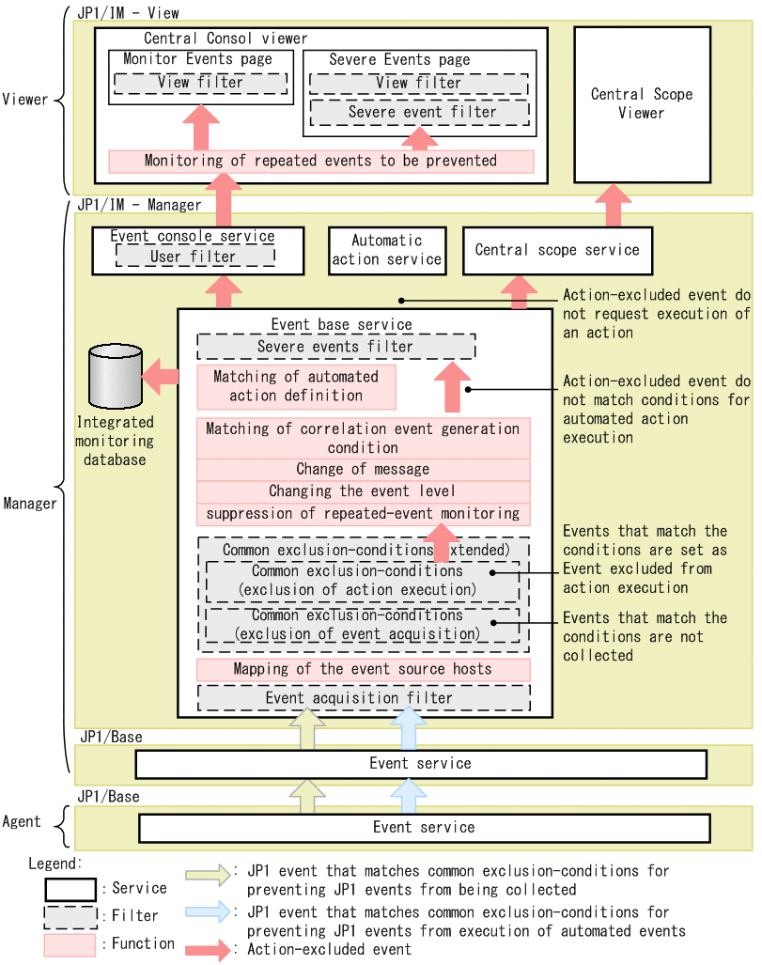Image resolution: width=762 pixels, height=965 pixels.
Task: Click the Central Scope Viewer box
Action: [642, 103]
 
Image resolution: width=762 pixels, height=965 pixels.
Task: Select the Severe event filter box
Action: [418, 112]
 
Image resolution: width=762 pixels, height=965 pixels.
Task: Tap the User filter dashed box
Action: [194, 257]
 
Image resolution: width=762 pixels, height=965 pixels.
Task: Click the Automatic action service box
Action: [387, 250]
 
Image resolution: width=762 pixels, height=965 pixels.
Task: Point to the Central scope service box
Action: [557, 250]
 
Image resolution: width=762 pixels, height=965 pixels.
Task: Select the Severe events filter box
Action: [335, 347]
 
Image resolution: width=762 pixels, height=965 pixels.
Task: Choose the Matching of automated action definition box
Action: [296, 386]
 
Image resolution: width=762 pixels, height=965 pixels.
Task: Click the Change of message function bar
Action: [363, 469]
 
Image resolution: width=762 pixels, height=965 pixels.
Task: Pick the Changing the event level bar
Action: [363, 491]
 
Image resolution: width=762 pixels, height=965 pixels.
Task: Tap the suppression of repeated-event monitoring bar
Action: [363, 514]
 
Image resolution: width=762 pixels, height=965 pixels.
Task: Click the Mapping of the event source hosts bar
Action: [363, 669]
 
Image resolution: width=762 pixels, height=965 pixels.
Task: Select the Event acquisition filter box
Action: [363, 698]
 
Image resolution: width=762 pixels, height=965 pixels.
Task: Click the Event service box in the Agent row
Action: [424, 828]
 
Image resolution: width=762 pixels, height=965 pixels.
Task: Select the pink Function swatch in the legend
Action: [69, 944]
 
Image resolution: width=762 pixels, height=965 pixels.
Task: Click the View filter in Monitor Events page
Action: [200, 83]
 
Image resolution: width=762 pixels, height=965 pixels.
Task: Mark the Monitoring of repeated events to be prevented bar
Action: [320, 161]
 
